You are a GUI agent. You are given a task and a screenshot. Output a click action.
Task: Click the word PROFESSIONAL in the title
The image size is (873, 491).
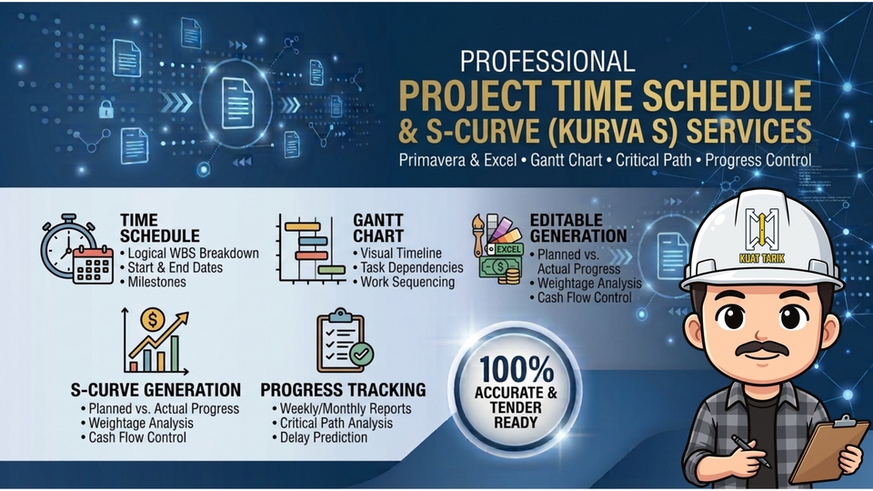[x=547, y=61]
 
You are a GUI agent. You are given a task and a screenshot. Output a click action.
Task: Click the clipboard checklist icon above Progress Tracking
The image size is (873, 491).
[x=345, y=341]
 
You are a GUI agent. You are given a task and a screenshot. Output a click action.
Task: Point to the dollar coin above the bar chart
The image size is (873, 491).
[x=152, y=319]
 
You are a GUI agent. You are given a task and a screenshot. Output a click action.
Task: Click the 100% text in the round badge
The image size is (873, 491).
[x=517, y=369]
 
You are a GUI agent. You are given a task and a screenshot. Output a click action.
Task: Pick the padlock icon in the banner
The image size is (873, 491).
[x=105, y=109]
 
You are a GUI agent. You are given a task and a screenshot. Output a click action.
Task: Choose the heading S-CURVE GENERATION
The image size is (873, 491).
[x=156, y=390]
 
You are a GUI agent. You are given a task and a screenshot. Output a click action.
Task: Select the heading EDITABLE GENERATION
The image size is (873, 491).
[x=578, y=227]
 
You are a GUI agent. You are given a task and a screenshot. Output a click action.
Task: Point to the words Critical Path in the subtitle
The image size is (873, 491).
[x=654, y=160]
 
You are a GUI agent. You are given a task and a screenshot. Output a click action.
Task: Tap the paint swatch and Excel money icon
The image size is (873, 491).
[x=498, y=248]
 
